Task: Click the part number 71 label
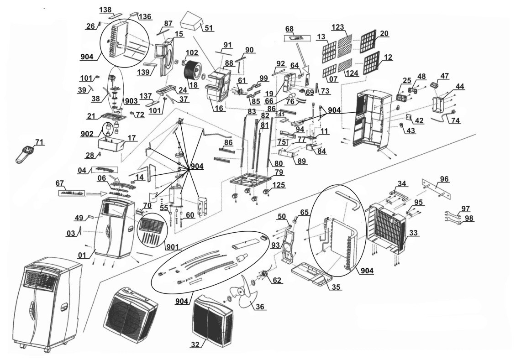(x=40, y=143)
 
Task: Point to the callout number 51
(x=209, y=28)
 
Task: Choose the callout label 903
(x=131, y=100)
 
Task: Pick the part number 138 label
(x=105, y=10)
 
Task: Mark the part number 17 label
(x=132, y=137)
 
